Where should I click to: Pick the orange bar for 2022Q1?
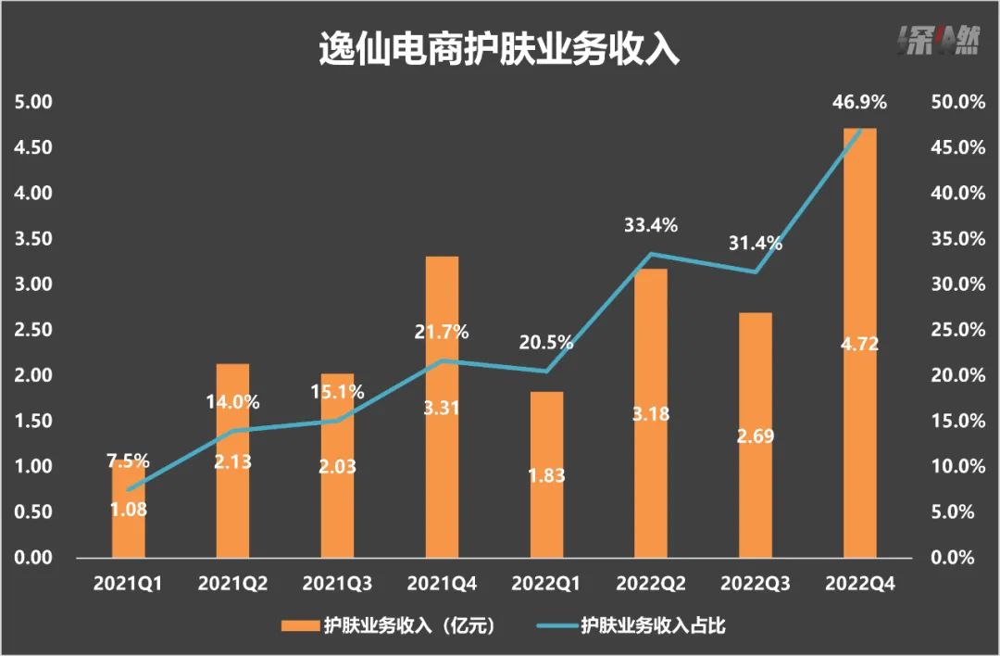pyautogui.click(x=546, y=435)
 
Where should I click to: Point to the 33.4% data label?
pyautogui.click(x=651, y=224)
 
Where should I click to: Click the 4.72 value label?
pyautogui.click(x=859, y=345)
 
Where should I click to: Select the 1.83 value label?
pyautogui.click(x=545, y=476)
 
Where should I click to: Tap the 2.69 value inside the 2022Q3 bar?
pyautogui.click(x=755, y=435)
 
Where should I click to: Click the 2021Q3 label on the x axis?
pyautogui.click(x=337, y=585)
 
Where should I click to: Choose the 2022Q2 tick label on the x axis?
pyautogui.click(x=650, y=585)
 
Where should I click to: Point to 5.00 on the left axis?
pyautogui.click(x=34, y=102)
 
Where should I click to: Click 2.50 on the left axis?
pyautogui.click(x=34, y=330)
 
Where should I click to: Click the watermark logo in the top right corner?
pyautogui.click(x=938, y=42)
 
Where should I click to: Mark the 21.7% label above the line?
pyautogui.click(x=442, y=332)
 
